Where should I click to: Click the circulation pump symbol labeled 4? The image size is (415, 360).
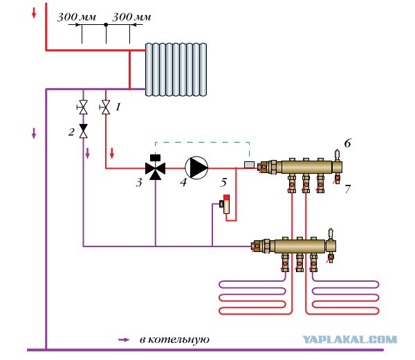click(196, 168)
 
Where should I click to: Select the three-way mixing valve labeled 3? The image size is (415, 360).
click(156, 168)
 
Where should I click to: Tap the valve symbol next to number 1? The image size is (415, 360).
click(105, 107)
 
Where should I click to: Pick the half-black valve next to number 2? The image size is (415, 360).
click(84, 131)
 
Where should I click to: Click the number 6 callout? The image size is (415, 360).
click(347, 143)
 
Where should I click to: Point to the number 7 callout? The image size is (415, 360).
click(347, 189)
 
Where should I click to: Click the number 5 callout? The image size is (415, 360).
click(224, 182)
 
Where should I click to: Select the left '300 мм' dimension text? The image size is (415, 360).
click(77, 17)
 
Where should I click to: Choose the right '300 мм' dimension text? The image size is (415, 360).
click(131, 17)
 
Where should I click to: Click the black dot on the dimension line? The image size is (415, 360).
click(106, 25)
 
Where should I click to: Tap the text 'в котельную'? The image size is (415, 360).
click(174, 340)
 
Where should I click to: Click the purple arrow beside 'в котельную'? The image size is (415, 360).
click(124, 340)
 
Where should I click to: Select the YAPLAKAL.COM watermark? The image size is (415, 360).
click(349, 339)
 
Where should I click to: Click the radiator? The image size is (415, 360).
click(176, 69)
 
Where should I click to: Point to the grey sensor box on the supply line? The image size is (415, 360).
click(249, 165)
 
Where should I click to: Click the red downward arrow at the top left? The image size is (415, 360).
click(34, 13)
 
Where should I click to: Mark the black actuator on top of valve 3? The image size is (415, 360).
click(156, 158)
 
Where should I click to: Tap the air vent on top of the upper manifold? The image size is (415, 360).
click(338, 154)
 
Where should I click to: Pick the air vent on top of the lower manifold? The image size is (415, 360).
click(331, 233)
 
